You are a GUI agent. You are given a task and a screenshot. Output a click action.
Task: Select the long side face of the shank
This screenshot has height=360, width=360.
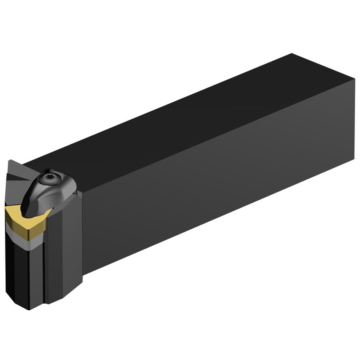[219, 177]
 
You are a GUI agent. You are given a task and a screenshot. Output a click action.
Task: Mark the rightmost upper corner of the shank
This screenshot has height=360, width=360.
[355, 80]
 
